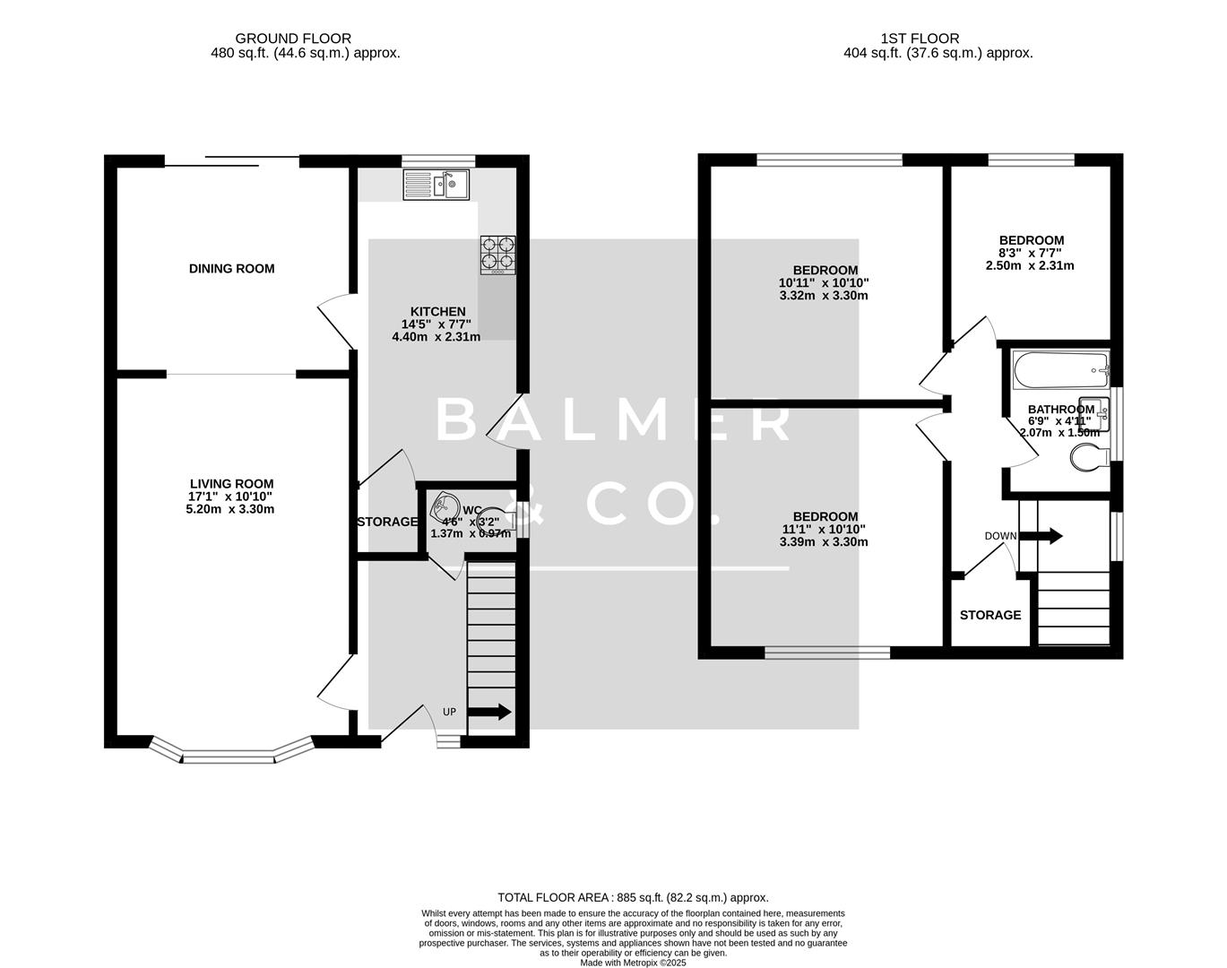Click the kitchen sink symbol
(x=436, y=185)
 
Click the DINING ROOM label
(x=231, y=269)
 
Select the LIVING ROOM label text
(x=230, y=484)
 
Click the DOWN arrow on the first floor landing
(x=1041, y=536)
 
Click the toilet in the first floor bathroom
(x=1088, y=459)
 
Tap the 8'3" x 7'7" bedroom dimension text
(x=1031, y=253)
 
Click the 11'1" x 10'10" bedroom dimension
(x=824, y=529)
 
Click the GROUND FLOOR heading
(x=293, y=39)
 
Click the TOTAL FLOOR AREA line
(x=633, y=897)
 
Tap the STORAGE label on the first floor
(x=989, y=615)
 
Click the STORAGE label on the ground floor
(x=387, y=522)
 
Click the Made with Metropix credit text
(x=633, y=963)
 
